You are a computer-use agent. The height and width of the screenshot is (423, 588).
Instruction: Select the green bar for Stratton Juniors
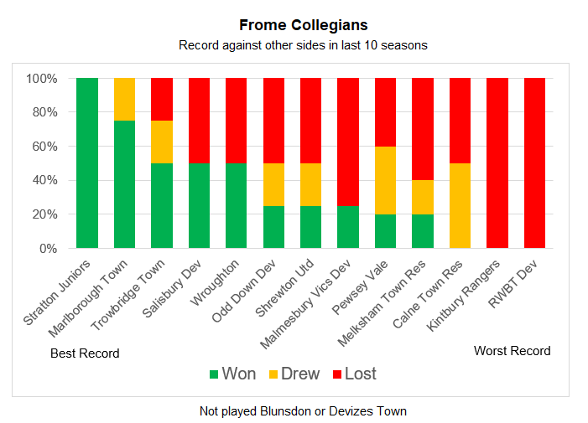87,163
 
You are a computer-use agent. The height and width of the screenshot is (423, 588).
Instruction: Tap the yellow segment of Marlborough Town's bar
124,99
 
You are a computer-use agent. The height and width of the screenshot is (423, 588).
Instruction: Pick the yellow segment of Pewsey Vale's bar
386,180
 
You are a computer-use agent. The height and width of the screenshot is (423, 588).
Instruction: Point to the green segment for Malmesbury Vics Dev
348,227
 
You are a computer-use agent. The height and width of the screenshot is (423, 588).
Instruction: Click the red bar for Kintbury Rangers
497,163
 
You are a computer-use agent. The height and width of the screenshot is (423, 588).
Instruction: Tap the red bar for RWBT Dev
535,163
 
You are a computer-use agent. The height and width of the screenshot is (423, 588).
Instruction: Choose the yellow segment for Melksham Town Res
423,197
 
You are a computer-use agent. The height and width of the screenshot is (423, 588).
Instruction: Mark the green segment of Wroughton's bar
237,206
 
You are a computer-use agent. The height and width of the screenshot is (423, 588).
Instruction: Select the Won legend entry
232,374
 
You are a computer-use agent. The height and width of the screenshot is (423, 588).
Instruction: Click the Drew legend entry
293,374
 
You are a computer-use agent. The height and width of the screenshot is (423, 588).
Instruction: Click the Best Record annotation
85,353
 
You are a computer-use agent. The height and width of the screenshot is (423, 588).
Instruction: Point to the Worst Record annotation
512,351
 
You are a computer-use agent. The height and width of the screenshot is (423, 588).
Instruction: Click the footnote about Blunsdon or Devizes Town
303,411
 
